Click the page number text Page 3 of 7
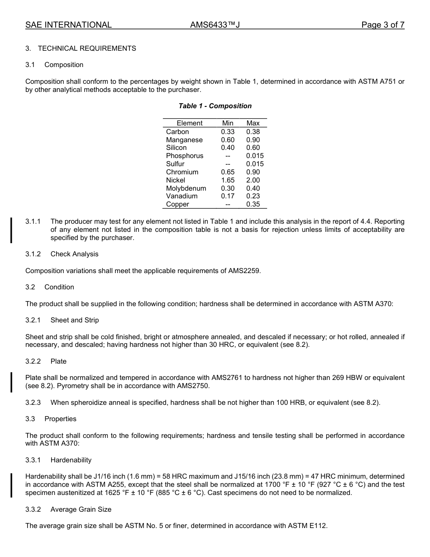[382, 25]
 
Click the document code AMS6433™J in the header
[215, 25]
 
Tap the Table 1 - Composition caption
[215, 106]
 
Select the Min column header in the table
[228, 123]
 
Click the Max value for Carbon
[253, 132]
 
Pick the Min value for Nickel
[228, 180]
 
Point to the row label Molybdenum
[186, 188]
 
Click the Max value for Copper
[253, 204]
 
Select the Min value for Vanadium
[228, 196]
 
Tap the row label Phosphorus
[185, 156]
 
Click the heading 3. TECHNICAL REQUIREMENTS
[81, 48]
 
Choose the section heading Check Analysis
[74, 254]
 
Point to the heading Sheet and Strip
[75, 320]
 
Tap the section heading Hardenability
[71, 460]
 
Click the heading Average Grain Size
[81, 509]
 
